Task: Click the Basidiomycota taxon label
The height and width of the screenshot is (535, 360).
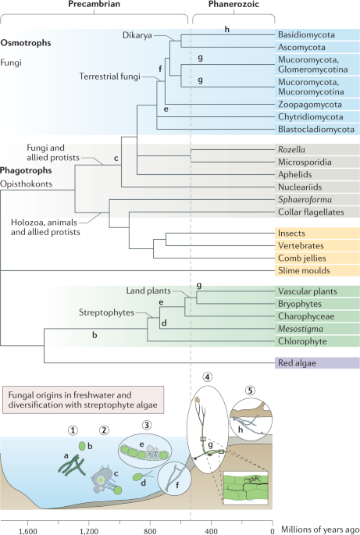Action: point(306,36)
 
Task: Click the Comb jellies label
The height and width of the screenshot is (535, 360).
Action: point(301,257)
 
